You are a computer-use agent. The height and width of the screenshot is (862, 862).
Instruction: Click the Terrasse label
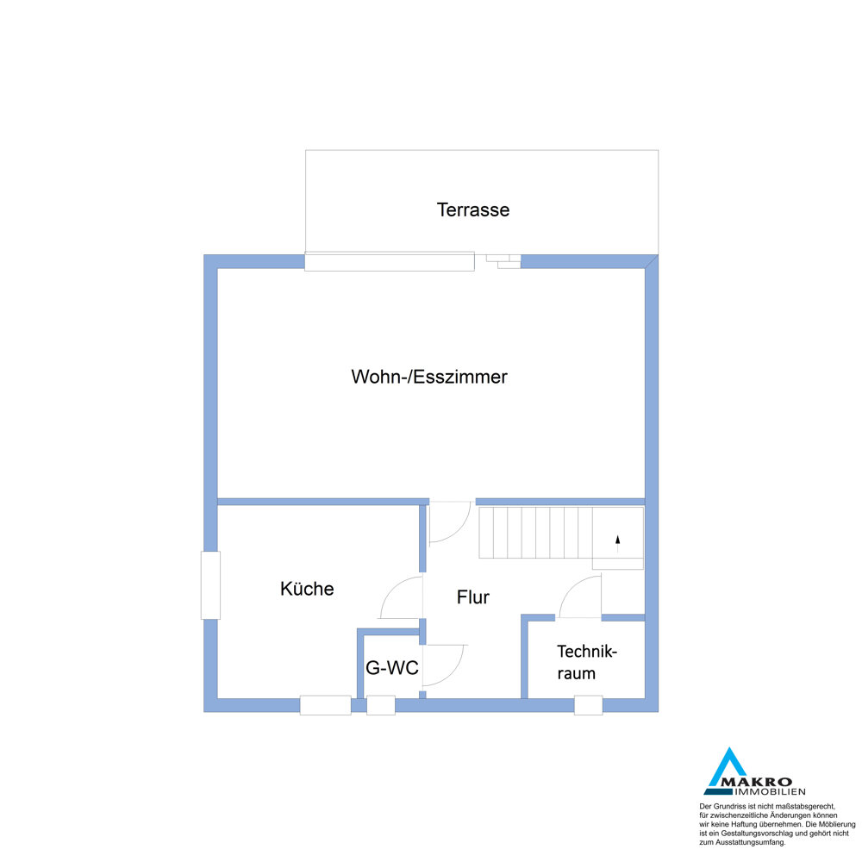472,209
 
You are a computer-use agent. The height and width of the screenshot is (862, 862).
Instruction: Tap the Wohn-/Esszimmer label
428,377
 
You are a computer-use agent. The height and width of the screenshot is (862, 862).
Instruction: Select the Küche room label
307,588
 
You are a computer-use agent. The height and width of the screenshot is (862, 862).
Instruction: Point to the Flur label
472,597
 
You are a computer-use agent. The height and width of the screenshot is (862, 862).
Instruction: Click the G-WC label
392,667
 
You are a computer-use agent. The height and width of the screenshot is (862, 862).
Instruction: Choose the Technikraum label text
586,662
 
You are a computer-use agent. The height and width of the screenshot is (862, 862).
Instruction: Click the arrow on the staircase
617,543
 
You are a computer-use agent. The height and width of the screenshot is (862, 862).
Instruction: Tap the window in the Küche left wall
210,585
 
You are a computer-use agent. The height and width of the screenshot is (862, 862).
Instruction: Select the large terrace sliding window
390,261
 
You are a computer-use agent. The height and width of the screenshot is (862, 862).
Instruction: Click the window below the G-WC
380,705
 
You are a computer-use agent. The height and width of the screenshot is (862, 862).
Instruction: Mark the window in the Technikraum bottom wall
588,705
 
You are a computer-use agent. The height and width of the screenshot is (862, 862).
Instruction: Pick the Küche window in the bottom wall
326,705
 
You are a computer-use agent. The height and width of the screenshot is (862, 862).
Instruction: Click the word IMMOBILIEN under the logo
770,792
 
